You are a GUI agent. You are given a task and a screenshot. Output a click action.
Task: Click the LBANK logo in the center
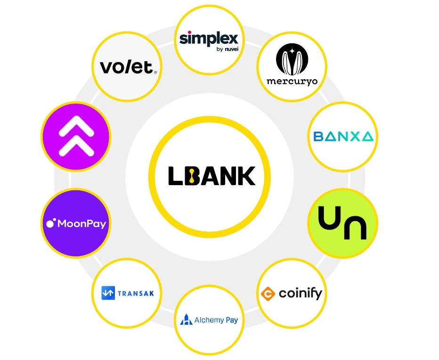coord(211,176)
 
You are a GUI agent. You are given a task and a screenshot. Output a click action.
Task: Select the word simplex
coord(209,38)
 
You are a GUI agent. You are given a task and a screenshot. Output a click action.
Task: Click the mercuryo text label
coord(292,81)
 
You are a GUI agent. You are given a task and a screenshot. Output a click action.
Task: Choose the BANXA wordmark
coord(343,137)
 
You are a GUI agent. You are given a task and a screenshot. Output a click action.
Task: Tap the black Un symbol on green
coord(342,223)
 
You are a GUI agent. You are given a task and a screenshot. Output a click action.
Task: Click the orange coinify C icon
coord(268,294)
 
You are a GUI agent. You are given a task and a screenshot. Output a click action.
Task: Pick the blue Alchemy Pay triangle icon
coord(186,320)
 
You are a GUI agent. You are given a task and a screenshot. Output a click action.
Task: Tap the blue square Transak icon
coord(108,293)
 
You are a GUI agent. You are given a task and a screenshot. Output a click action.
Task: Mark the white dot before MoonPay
coord(50,221)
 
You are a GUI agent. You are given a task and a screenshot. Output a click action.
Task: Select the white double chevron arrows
coord(75,137)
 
